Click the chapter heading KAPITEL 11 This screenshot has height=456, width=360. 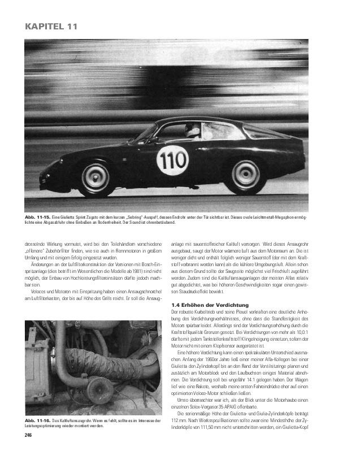click(x=51, y=26)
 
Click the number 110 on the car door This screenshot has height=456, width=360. click(x=172, y=160)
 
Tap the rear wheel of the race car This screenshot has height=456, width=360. click(x=245, y=176)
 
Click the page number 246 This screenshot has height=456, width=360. click(x=28, y=435)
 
